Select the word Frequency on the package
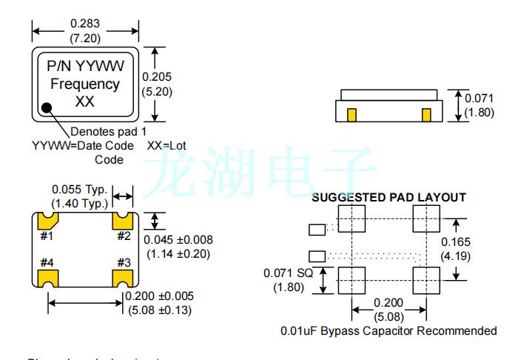85,84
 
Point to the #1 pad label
47,236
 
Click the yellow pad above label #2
122,220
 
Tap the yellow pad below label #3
122,279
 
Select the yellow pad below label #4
49,279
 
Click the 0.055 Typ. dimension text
79,189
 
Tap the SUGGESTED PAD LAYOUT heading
389,197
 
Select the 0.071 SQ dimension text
287,273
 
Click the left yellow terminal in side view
352,115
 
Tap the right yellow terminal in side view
426,115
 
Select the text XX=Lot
166,145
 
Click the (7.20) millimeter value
85,37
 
